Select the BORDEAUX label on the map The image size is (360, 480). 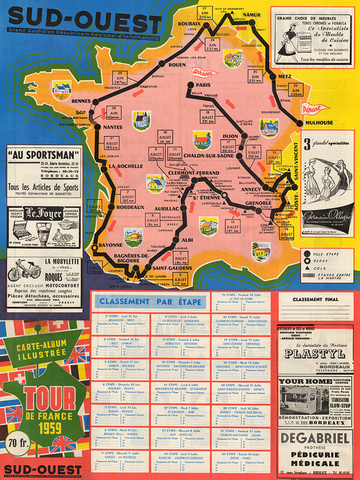118,191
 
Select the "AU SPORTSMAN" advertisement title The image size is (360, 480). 44,154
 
